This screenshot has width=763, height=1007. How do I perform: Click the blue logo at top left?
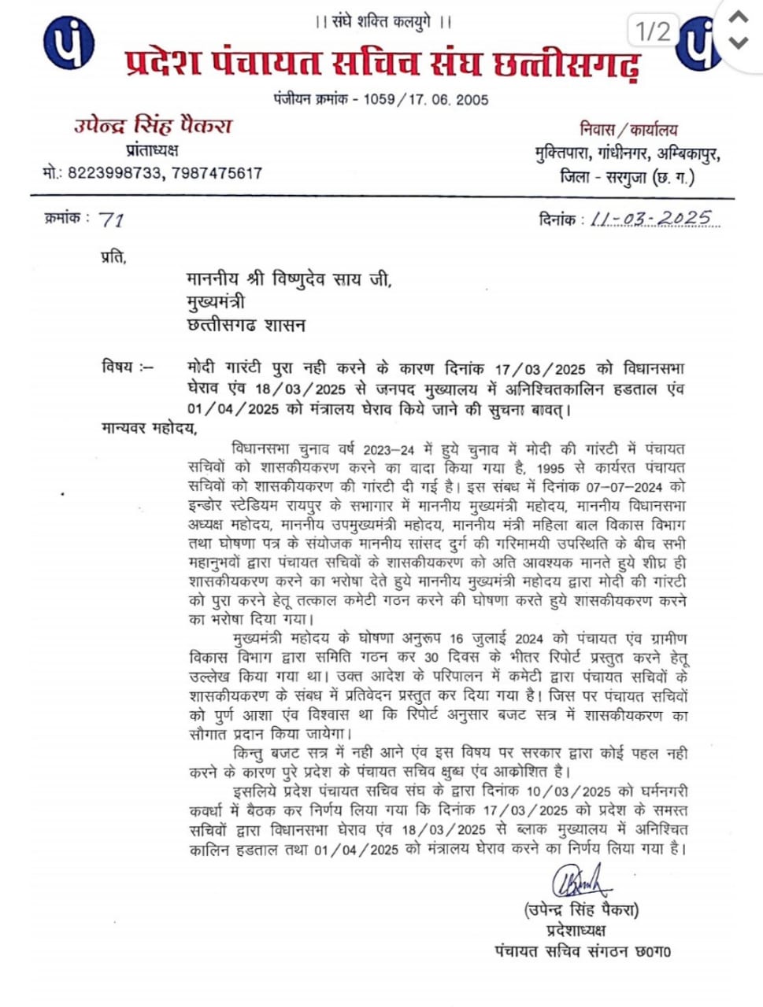(x=69, y=42)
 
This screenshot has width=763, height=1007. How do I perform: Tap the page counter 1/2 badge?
(x=653, y=31)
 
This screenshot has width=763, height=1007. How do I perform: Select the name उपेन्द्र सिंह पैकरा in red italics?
(x=153, y=127)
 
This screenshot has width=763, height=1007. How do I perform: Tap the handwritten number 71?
(x=112, y=220)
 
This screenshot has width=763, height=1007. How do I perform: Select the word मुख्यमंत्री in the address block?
(x=216, y=302)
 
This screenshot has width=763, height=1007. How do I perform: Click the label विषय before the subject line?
(x=119, y=367)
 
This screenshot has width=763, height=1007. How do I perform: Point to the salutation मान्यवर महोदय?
(x=149, y=429)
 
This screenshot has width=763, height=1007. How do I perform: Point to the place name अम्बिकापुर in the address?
(x=687, y=153)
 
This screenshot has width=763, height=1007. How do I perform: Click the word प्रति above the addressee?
(x=113, y=256)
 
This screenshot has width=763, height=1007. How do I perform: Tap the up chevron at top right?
(x=738, y=17)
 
